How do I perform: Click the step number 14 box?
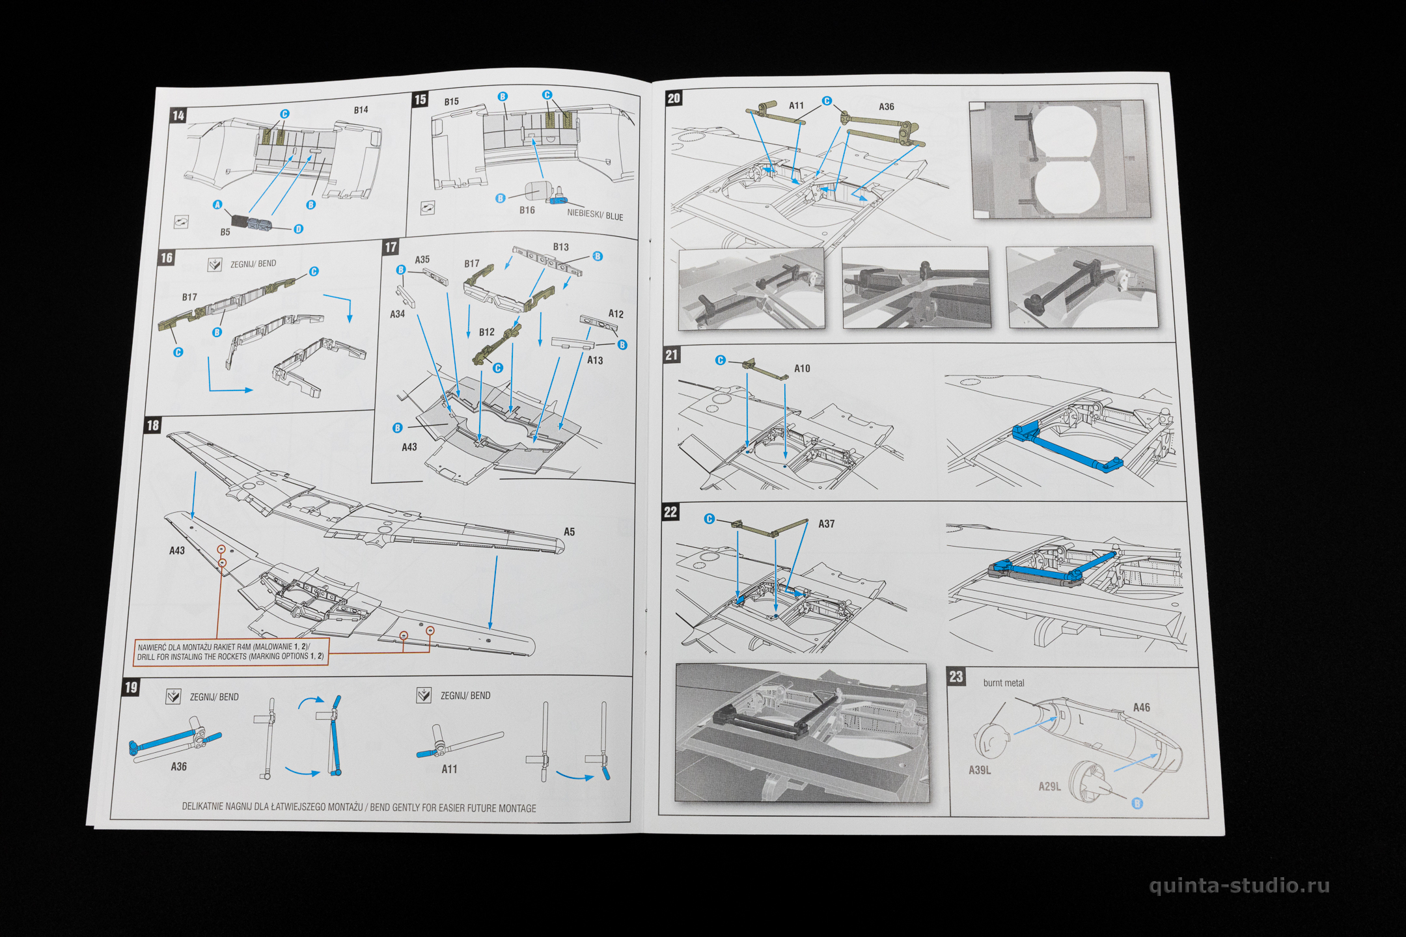pyautogui.click(x=178, y=116)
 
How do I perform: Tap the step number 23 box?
pyautogui.click(x=956, y=676)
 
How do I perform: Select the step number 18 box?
pyautogui.click(x=153, y=426)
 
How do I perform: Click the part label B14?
pyautogui.click(x=361, y=110)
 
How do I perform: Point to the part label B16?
pyautogui.click(x=527, y=210)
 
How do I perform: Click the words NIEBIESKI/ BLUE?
pyautogui.click(x=595, y=215)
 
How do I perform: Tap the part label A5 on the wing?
pyautogui.click(x=569, y=532)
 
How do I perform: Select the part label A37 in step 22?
pyautogui.click(x=826, y=524)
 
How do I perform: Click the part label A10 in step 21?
pyautogui.click(x=802, y=368)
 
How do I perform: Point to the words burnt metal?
pyautogui.click(x=1004, y=683)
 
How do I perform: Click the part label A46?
pyautogui.click(x=1141, y=707)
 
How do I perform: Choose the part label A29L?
pyautogui.click(x=1049, y=787)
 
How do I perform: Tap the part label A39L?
pyautogui.click(x=980, y=770)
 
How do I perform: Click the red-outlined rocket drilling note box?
pyautogui.click(x=231, y=651)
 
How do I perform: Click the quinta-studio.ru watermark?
pyautogui.click(x=1239, y=886)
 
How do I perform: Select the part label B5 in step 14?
pyautogui.click(x=225, y=232)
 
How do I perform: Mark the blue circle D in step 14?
pyautogui.click(x=298, y=229)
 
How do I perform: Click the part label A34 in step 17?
pyautogui.click(x=397, y=314)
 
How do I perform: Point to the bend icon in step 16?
pyautogui.click(x=215, y=265)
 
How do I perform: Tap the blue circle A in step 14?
pyautogui.click(x=217, y=205)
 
